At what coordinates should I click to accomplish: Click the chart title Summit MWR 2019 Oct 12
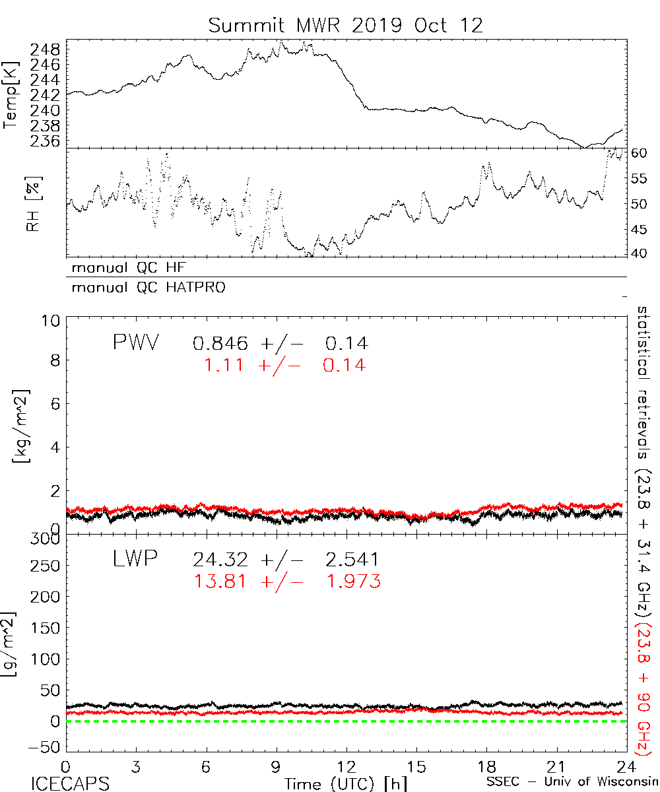tap(346, 26)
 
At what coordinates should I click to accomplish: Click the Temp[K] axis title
tap(11, 96)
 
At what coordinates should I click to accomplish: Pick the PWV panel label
tap(135, 343)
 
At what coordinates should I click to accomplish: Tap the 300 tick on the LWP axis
tap(46, 538)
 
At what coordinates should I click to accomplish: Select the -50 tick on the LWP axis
tap(46, 747)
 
